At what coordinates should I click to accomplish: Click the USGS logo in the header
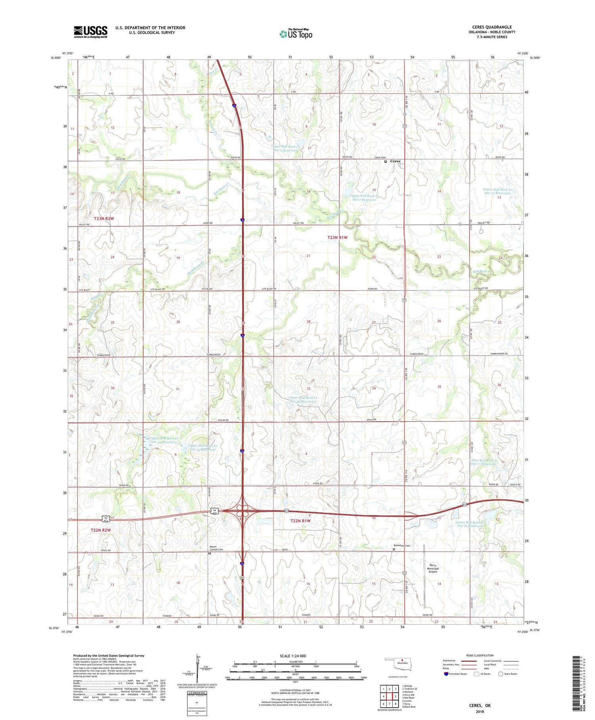click(x=90, y=32)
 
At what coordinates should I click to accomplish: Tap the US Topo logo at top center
click(x=296, y=34)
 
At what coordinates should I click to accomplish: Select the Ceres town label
click(x=395, y=161)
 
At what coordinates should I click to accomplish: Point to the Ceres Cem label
click(x=380, y=158)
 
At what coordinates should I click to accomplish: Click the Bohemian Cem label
click(x=402, y=546)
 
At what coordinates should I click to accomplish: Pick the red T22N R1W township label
click(x=300, y=520)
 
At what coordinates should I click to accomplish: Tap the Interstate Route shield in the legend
click(x=446, y=674)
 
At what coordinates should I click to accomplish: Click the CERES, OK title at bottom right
click(x=480, y=706)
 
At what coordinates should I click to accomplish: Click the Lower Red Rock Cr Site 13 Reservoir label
click(x=497, y=193)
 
